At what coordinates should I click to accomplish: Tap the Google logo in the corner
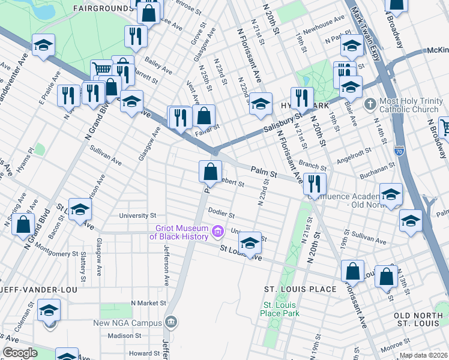pyautogui.click(x=20, y=353)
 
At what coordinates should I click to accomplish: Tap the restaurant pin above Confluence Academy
pyautogui.click(x=315, y=183)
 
